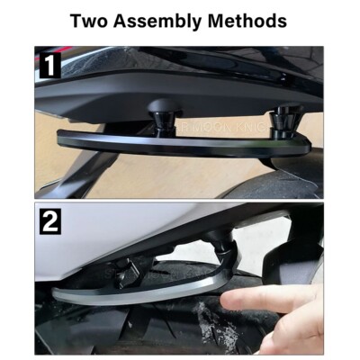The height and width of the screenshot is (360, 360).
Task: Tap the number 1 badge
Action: [x=49, y=65]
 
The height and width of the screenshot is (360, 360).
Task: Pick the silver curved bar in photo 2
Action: [x=135, y=292]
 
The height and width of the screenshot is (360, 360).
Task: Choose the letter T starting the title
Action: [x=76, y=20]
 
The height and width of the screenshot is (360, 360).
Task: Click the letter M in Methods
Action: [x=220, y=20]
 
